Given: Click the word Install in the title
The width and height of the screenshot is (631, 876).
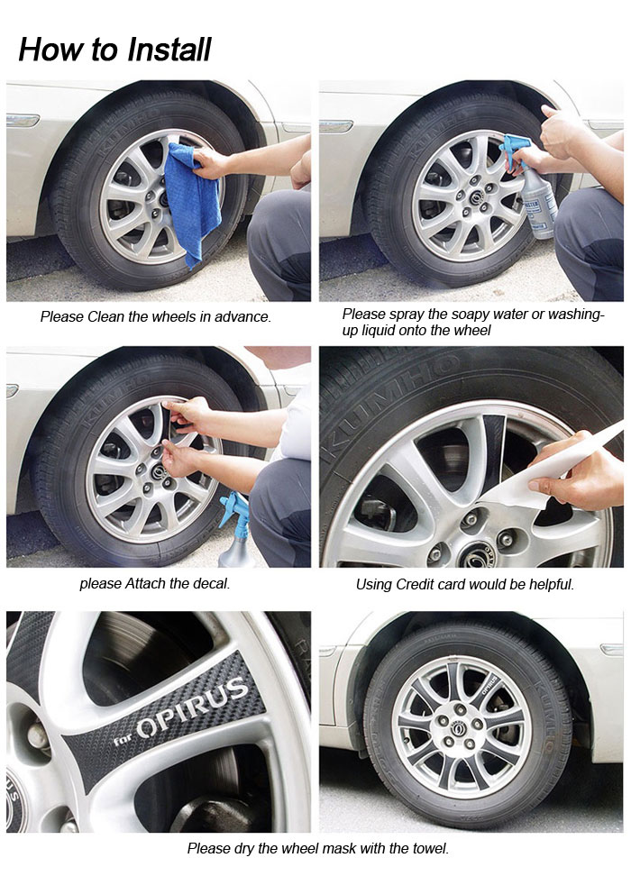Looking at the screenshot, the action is (x=169, y=50).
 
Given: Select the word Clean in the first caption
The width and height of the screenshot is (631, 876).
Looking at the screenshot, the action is (x=105, y=316).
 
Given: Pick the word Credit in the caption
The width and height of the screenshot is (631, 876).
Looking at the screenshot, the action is (x=414, y=584).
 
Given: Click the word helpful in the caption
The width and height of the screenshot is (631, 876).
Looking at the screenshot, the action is (x=552, y=584).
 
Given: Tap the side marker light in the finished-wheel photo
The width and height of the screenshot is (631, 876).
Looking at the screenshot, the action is (x=611, y=649).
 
